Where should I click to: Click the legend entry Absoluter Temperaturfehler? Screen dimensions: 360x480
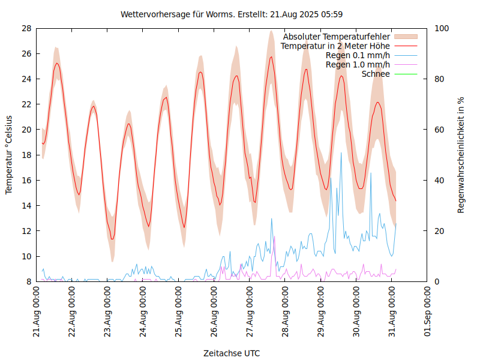click(336, 37)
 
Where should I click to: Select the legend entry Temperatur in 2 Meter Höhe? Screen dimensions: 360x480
click(335, 46)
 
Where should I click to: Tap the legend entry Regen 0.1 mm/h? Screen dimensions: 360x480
click(358, 55)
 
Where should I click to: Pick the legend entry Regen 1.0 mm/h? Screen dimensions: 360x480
click(358, 65)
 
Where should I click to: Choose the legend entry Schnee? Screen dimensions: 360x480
click(376, 74)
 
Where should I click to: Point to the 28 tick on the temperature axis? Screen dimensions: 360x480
click(26, 28)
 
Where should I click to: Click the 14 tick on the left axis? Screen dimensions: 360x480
click(26, 205)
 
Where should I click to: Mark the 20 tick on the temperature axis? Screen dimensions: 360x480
click(26, 130)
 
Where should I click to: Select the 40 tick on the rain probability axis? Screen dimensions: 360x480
click(439, 180)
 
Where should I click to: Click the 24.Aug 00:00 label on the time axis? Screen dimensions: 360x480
click(143, 313)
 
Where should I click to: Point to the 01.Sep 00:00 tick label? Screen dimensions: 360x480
click(428, 313)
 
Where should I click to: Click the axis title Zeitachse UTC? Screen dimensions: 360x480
click(232, 353)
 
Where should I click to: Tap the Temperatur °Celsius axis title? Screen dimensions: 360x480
click(9, 155)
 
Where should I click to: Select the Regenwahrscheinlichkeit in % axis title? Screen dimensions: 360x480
click(461, 155)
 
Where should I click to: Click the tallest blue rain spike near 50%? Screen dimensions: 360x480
click(341, 153)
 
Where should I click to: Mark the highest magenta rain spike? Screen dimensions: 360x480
click(274, 237)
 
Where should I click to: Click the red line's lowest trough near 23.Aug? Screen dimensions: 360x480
click(112, 239)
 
